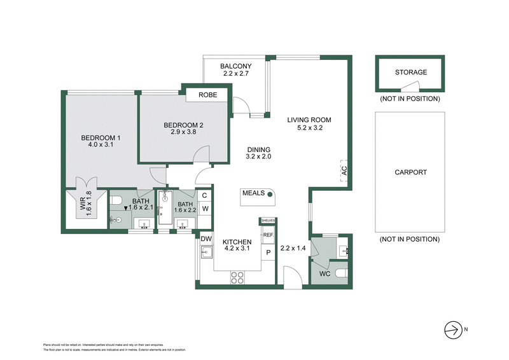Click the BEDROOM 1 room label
[101, 138]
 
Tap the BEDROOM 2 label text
[183, 125]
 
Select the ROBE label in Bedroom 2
[208, 95]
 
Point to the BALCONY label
[236, 66]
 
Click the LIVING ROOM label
[309, 120]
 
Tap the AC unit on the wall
[344, 170]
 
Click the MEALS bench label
[253, 192]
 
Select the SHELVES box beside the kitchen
[267, 221]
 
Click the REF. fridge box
[268, 235]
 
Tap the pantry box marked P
[268, 252]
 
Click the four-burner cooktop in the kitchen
[237, 277]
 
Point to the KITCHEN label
[237, 242]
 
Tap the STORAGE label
[410, 73]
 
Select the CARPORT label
[410, 172]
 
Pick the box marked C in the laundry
[205, 196]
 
